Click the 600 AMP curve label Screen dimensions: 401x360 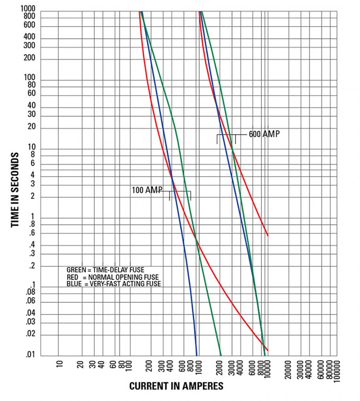(264, 134)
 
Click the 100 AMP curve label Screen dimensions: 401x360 (147, 190)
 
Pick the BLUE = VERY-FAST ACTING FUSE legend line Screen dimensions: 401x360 (113, 284)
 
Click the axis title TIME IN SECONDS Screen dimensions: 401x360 (15, 190)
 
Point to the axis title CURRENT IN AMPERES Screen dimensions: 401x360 (176, 386)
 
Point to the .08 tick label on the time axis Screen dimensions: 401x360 (31, 293)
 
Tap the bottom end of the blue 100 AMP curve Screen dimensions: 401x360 (197, 355)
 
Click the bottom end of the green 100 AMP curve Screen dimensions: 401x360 (221, 355)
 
